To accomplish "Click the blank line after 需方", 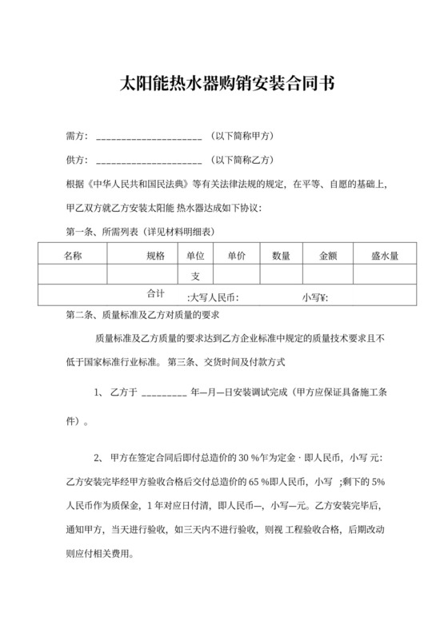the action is (x=149, y=137).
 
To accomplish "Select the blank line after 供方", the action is (x=149, y=160).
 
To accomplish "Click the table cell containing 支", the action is (x=195, y=276).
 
